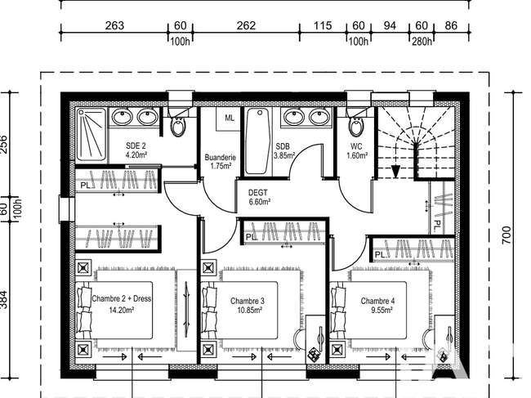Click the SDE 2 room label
136,150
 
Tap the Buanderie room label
220,162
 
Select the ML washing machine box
229,119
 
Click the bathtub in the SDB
258,141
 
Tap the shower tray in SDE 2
91,134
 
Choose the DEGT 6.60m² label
259,197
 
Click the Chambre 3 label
248,305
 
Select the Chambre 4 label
377,305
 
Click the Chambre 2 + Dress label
121,304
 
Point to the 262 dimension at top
246,25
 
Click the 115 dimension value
322,25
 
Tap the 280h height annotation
422,42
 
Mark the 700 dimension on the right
506,235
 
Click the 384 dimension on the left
3,299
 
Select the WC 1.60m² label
357,151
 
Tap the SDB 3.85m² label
283,151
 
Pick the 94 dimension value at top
390,25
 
